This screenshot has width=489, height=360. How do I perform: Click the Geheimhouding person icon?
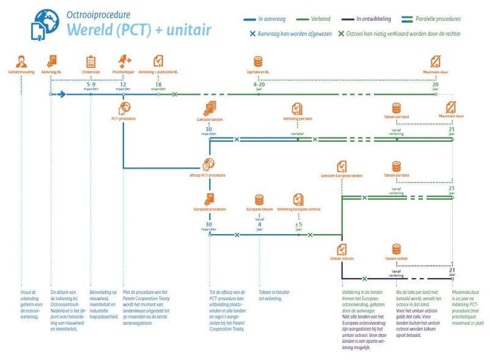click(x=22, y=61)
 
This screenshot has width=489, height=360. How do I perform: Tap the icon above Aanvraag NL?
click(x=52, y=61)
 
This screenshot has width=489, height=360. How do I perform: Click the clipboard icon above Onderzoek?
click(x=91, y=61)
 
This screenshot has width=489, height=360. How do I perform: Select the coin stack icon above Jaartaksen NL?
click(x=259, y=61)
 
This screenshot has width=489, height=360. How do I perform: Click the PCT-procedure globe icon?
click(x=123, y=108)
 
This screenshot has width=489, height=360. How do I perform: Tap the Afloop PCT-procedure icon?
click(x=209, y=164)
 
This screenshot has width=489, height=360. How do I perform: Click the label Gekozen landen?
click(x=209, y=119)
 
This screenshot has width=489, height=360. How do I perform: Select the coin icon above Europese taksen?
click(x=259, y=199)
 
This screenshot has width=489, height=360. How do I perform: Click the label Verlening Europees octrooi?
click(x=298, y=210)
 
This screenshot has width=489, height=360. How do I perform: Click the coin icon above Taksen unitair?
click(x=396, y=249)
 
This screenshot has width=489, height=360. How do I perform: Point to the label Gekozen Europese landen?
click(x=341, y=176)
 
